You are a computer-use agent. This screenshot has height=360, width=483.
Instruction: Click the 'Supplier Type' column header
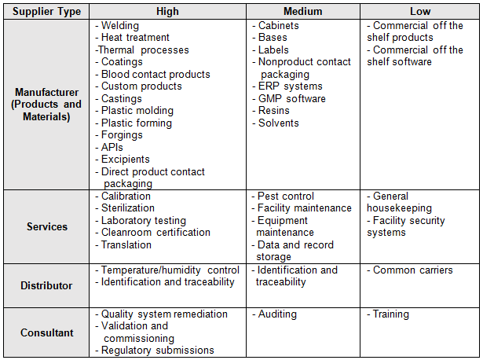47,12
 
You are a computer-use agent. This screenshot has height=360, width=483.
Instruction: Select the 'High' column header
167,12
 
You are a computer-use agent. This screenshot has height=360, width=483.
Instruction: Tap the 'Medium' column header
305,12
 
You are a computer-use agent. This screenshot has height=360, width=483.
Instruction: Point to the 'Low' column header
420,12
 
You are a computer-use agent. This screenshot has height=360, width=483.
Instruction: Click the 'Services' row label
47,226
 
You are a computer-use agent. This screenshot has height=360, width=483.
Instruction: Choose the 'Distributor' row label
47,285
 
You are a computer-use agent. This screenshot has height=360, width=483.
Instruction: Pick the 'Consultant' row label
47,332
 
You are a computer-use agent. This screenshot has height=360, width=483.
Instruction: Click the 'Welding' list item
119,25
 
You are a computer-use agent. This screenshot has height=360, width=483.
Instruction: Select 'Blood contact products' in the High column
156,75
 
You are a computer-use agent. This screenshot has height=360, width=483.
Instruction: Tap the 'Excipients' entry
126,160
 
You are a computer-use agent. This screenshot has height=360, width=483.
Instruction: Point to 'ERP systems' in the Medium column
291,86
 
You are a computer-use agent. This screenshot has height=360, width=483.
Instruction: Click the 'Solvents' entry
279,123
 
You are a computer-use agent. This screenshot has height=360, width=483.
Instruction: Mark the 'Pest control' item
286,196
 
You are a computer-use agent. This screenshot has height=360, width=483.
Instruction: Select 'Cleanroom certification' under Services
156,233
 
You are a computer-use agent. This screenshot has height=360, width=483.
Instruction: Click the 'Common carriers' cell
413,270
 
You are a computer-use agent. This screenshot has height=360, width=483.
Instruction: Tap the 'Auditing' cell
277,314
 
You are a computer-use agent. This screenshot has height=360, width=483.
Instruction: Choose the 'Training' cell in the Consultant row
391,314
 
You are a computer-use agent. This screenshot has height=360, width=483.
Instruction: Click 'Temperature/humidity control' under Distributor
170,270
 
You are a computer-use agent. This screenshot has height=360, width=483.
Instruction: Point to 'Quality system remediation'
164,314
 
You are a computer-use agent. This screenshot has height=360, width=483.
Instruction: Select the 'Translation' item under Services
126,244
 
